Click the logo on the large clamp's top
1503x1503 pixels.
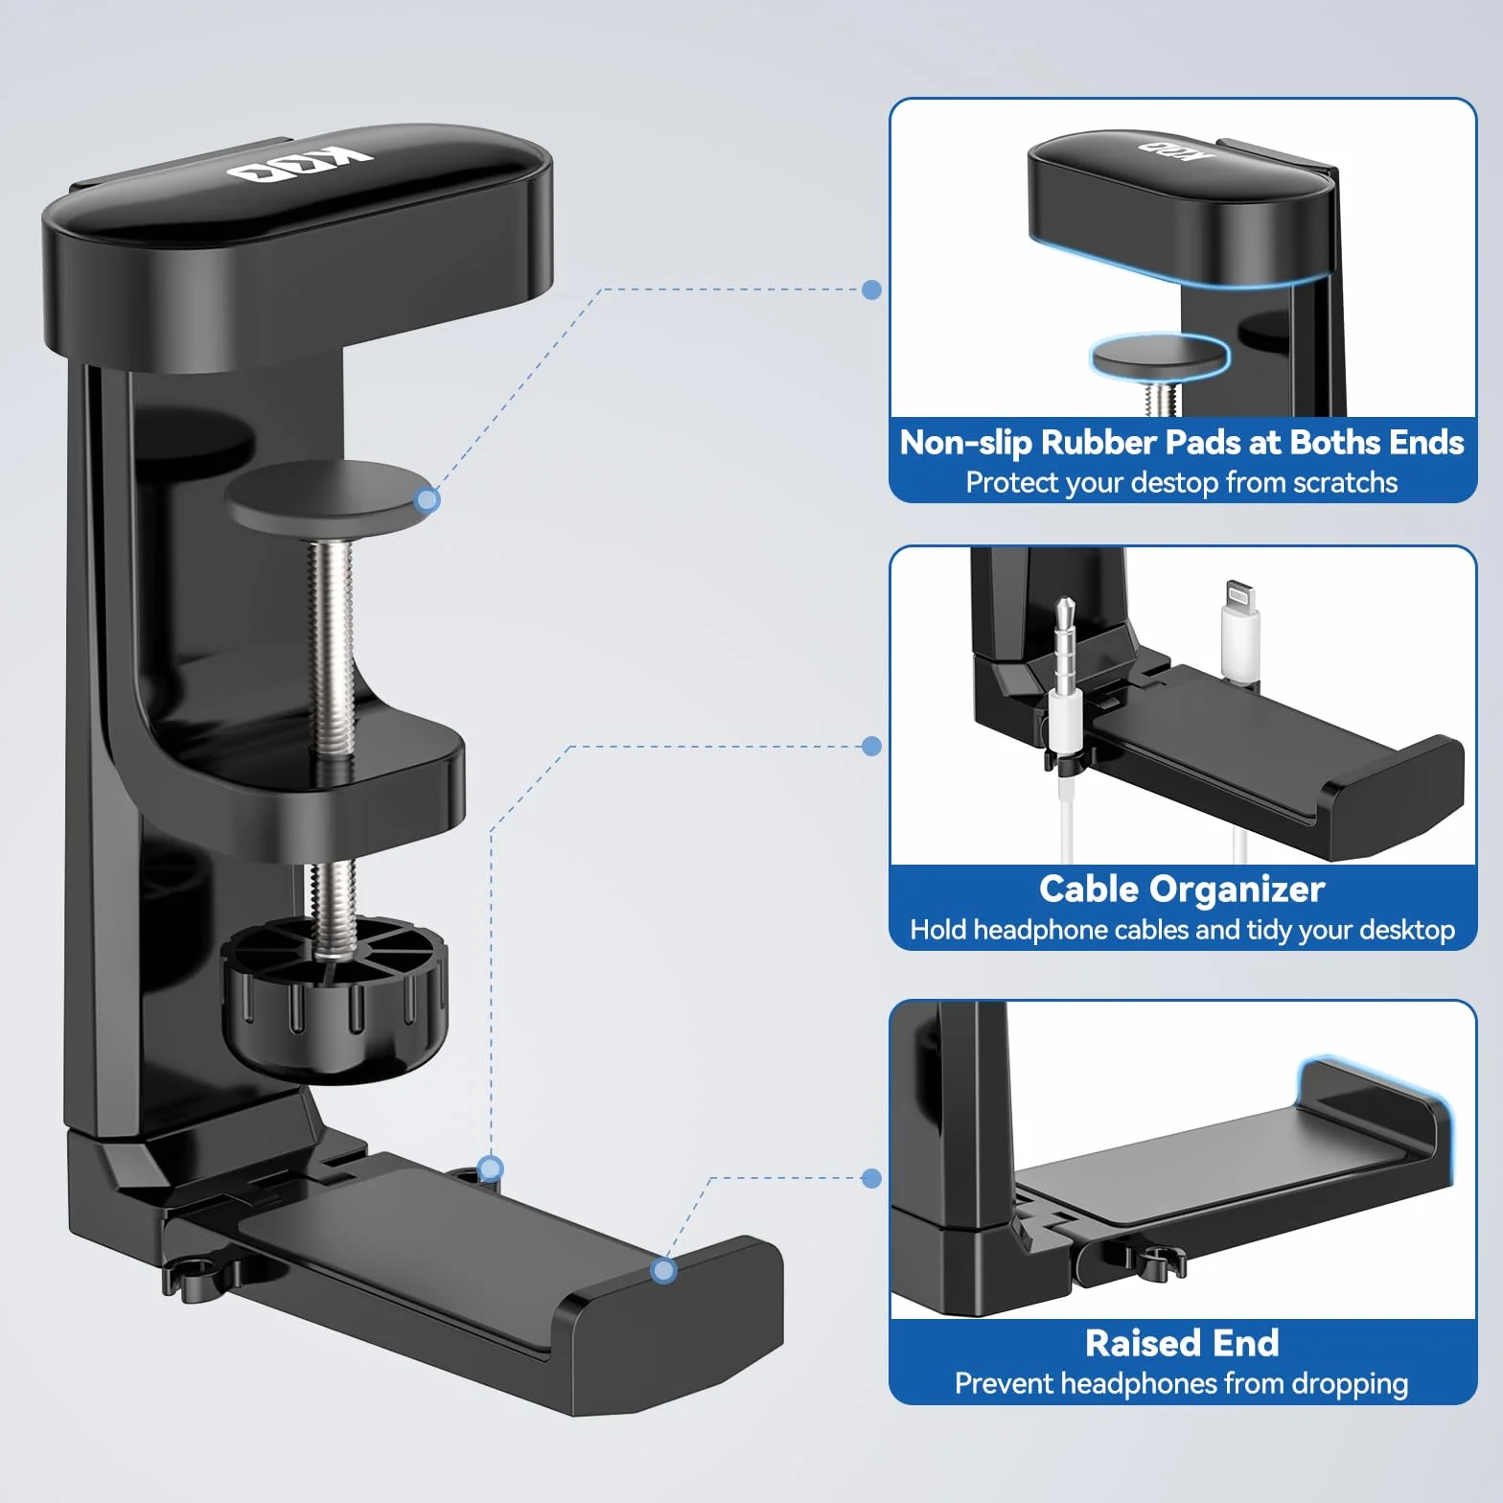coord(300,166)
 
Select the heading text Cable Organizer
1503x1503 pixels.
coord(1182,890)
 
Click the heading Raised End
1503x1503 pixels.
coord(1182,1343)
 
